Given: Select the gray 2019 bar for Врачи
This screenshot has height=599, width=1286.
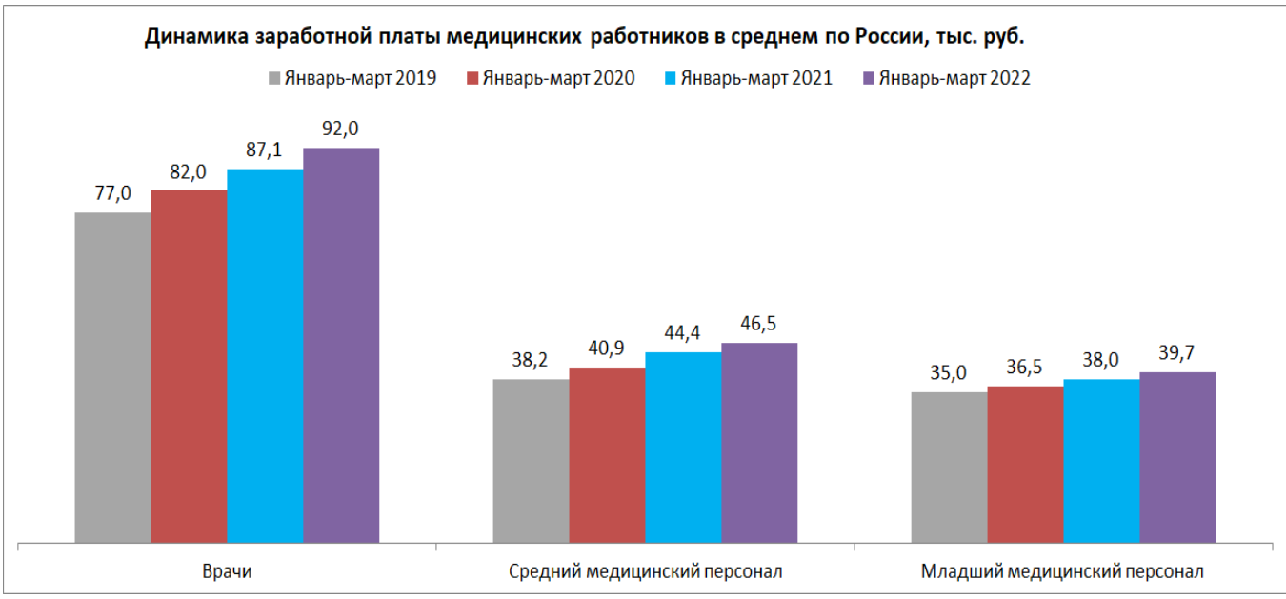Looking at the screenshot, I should coord(113,377).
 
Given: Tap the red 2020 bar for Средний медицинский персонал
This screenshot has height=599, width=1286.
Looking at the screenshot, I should coord(607,455).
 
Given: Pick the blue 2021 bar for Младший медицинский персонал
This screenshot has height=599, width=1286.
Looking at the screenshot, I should coord(1101,461).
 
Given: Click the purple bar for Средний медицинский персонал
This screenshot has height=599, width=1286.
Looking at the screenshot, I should coord(759,443).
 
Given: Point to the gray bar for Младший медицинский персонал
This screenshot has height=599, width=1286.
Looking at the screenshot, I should coord(949,467).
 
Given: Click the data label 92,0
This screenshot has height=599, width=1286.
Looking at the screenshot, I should coord(340,130).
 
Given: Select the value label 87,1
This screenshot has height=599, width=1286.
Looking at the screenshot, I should coord(265,150).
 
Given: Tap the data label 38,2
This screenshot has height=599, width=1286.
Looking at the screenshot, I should coord(531,361).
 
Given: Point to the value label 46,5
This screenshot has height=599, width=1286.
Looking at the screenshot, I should coord(759,324).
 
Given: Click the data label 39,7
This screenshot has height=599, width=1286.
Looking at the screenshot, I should coord(1177,353).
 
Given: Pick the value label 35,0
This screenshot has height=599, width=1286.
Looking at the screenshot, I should coord(949,373).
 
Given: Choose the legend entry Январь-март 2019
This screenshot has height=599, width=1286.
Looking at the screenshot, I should coord(360,79).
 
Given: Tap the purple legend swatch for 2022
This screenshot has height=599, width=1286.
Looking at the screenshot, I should coord(867,79).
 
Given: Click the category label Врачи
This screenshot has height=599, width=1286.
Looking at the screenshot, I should coord(226,572).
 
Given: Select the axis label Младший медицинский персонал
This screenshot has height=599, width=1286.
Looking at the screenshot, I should coord(1062,572).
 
